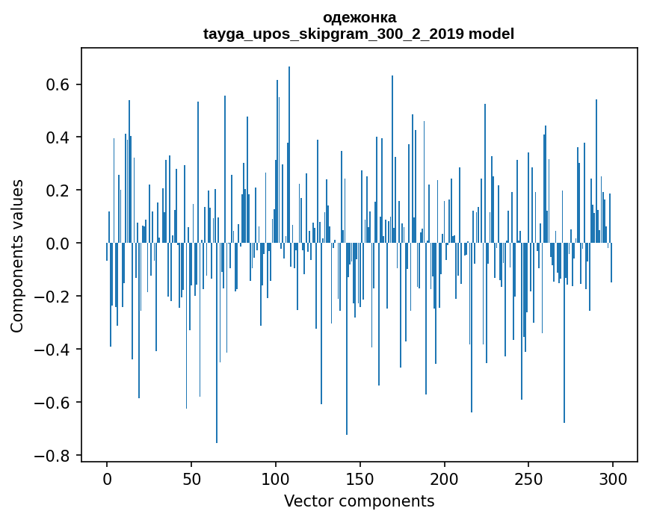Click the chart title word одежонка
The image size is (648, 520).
click(360, 17)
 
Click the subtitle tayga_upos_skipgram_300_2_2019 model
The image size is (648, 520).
click(360, 34)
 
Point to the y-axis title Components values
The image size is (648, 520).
click(17, 256)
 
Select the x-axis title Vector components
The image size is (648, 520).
click(360, 501)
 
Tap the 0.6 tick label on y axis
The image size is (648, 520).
click(57, 84)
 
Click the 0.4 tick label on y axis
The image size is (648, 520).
click(57, 137)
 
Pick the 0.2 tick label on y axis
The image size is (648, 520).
click(57, 191)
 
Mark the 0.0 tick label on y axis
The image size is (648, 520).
click(57, 244)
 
